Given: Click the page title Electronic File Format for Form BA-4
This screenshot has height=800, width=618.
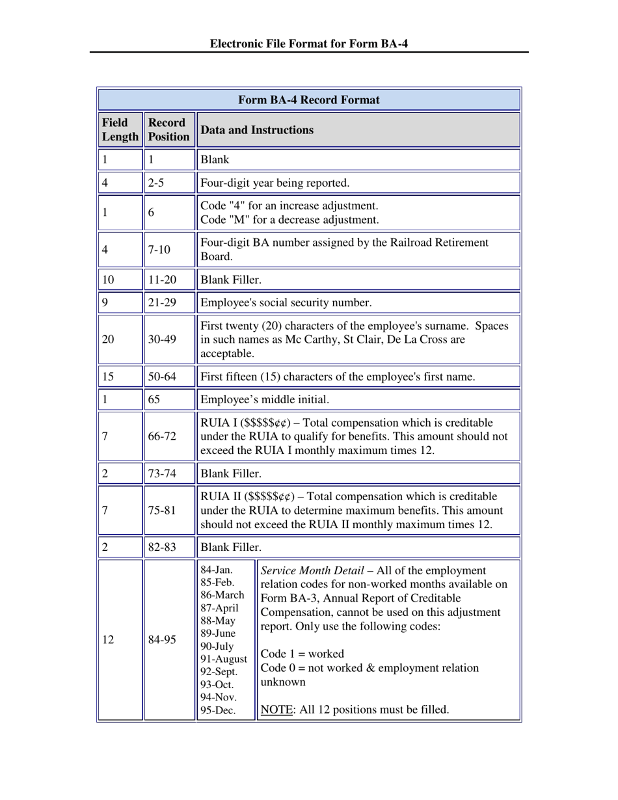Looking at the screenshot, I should coord(309,44).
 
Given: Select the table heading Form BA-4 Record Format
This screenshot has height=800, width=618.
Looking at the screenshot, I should coord(309,100).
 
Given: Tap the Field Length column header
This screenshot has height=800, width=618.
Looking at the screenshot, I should coord(120,129).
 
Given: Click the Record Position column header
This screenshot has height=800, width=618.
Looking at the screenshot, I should coord(168,129).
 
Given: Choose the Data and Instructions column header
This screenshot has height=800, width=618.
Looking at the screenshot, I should coord(257,129).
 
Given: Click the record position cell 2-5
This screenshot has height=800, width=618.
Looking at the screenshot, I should coord(155,183).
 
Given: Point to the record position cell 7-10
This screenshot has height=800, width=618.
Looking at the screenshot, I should coord(159,250).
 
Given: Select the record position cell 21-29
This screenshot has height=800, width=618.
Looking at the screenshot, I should coord(162,302).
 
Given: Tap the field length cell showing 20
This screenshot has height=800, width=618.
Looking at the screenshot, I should coord(108,339).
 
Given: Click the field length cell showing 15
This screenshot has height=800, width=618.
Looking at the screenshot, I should coord(108,377).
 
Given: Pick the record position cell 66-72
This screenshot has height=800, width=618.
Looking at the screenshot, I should coord(162,436).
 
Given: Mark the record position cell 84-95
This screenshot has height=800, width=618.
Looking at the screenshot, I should coord(162,640).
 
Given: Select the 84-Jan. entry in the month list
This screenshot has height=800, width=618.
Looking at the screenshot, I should coord(217,570).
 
